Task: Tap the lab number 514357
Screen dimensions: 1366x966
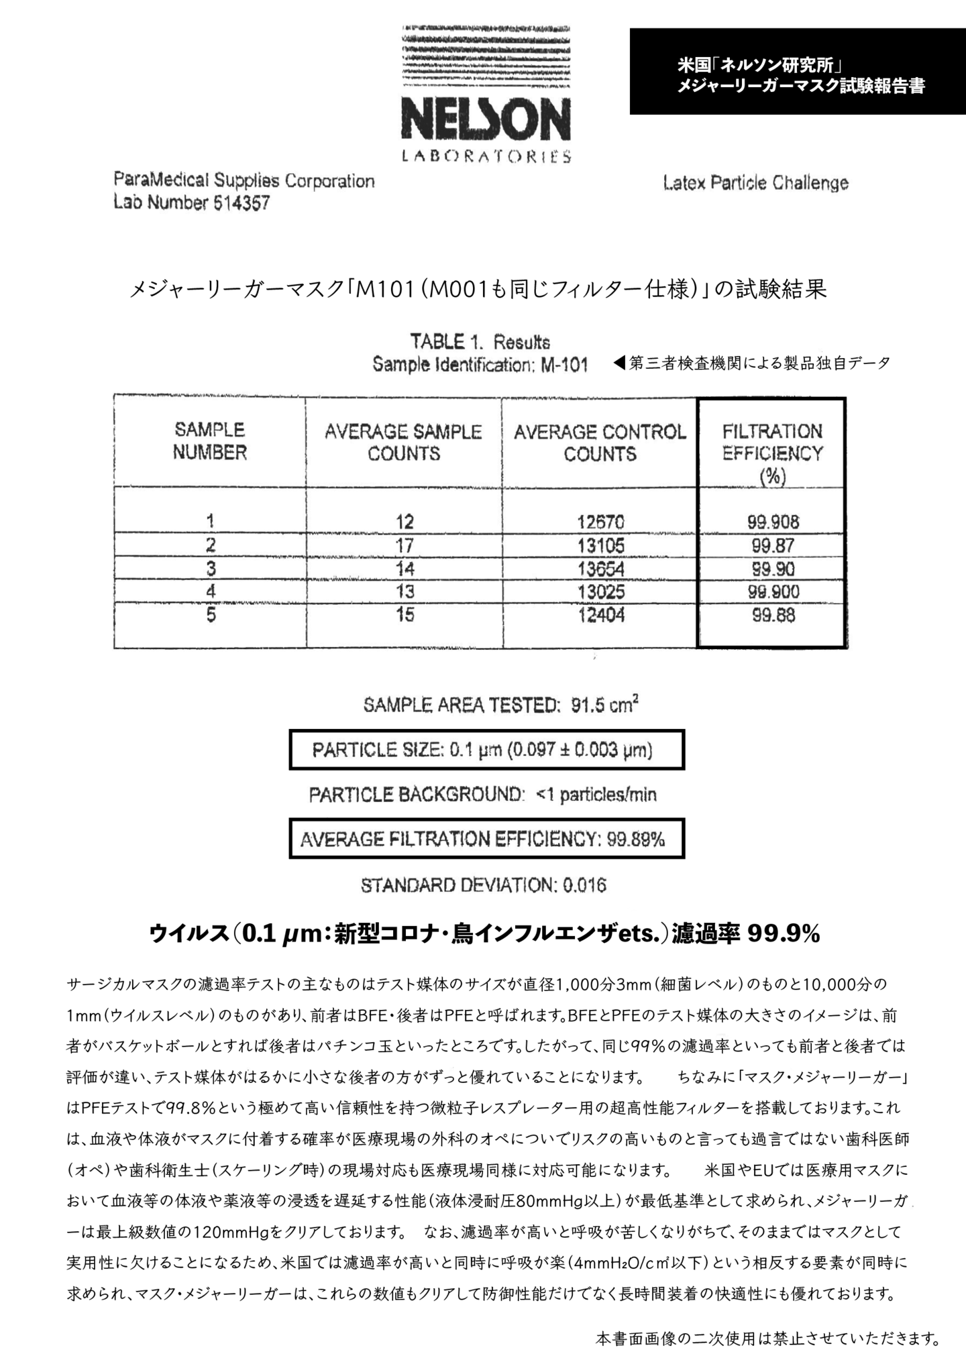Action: tap(241, 203)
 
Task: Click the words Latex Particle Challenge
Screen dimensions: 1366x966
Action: tap(755, 183)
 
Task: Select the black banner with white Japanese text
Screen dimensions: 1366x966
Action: tap(798, 71)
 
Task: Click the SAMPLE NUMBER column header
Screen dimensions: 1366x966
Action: tap(210, 441)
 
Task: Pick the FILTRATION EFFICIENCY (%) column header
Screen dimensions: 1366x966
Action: tap(772, 453)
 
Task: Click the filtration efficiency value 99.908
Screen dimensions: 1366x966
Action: tap(773, 522)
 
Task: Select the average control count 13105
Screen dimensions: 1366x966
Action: tap(600, 545)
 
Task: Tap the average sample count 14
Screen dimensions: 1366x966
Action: tap(405, 569)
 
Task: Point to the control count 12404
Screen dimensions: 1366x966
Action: tap(600, 615)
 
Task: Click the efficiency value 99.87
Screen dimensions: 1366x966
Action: tap(773, 545)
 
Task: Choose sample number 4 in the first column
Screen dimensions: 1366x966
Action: tap(211, 591)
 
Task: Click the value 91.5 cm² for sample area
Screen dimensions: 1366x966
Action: tap(604, 705)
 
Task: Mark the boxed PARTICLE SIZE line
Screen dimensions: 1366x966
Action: tap(486, 749)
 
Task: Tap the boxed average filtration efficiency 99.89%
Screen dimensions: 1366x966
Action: tap(635, 839)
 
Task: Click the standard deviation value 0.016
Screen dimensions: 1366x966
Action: tap(584, 886)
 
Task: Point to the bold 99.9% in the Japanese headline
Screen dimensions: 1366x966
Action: tap(784, 934)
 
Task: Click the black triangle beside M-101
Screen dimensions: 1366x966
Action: tap(619, 363)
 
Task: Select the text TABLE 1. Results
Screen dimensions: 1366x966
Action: tap(480, 342)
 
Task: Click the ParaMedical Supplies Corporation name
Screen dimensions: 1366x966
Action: tap(244, 181)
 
